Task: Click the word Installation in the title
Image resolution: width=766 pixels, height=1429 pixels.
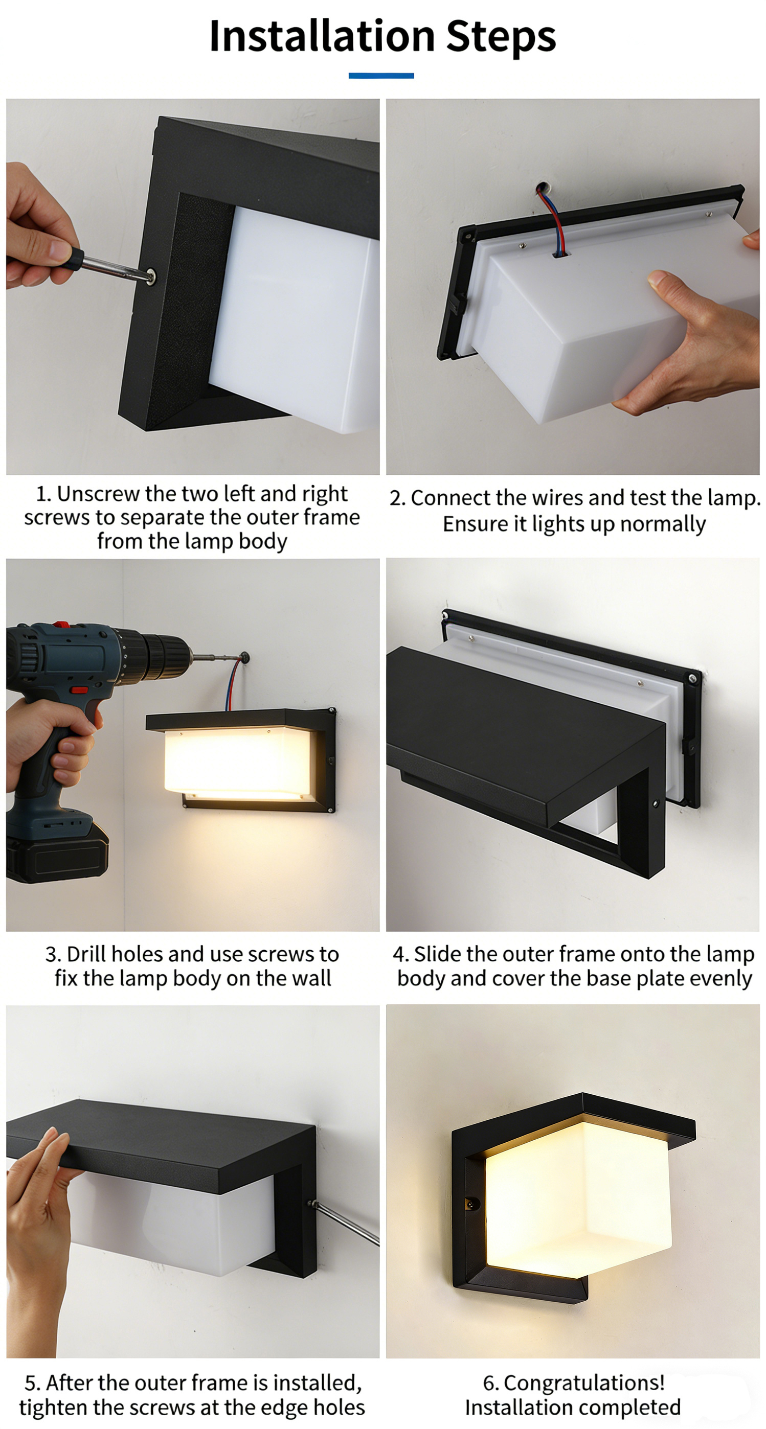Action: click(322, 36)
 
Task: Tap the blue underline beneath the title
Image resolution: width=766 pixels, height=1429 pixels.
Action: click(381, 76)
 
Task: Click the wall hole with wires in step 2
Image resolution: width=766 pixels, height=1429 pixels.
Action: click(541, 188)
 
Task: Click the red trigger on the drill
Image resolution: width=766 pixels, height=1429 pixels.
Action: click(79, 690)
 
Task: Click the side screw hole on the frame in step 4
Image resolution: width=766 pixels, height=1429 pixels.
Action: click(656, 803)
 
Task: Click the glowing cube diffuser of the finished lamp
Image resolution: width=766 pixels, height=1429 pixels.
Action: click(577, 1198)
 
